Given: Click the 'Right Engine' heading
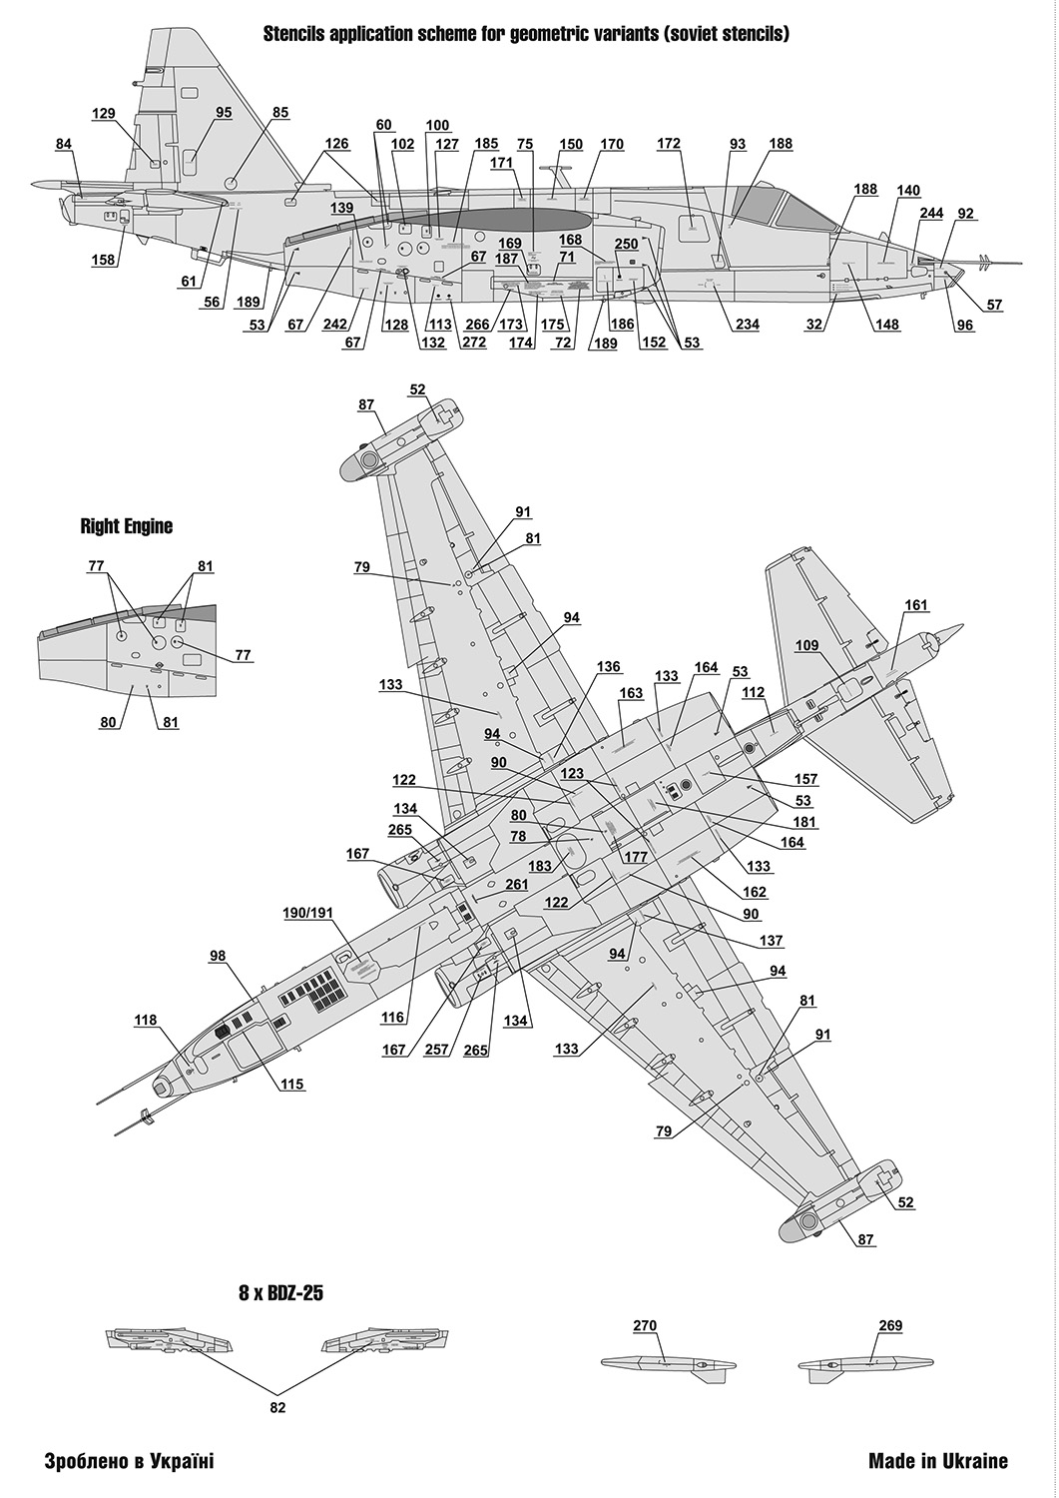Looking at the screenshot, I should (x=126, y=526).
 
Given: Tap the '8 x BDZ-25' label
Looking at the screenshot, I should (x=280, y=1292).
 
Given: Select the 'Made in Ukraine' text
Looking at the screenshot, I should (x=937, y=1461).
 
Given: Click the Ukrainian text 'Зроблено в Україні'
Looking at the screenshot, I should (x=129, y=1461).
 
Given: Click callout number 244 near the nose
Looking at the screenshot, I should (x=931, y=214).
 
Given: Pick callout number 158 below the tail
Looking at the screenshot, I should (x=104, y=261).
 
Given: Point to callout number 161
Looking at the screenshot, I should (x=916, y=605).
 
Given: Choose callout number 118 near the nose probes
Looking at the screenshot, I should (x=146, y=1020).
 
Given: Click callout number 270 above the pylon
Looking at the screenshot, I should (x=645, y=1326).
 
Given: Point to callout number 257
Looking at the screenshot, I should (x=436, y=1050).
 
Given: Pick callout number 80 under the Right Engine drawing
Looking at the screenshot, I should (x=109, y=722).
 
